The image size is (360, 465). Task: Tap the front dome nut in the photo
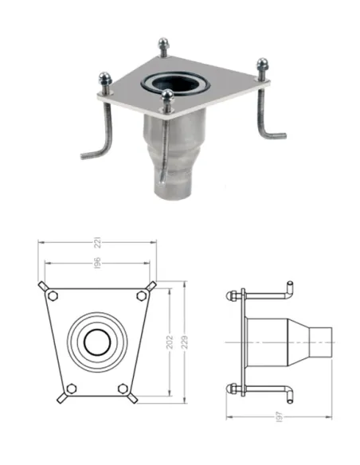(166, 96)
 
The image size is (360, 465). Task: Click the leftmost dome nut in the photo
(104, 76)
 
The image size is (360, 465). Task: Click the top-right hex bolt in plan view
(141, 295)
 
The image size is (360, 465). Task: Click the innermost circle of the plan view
(97, 342)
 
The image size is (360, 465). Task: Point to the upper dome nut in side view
(230, 295)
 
